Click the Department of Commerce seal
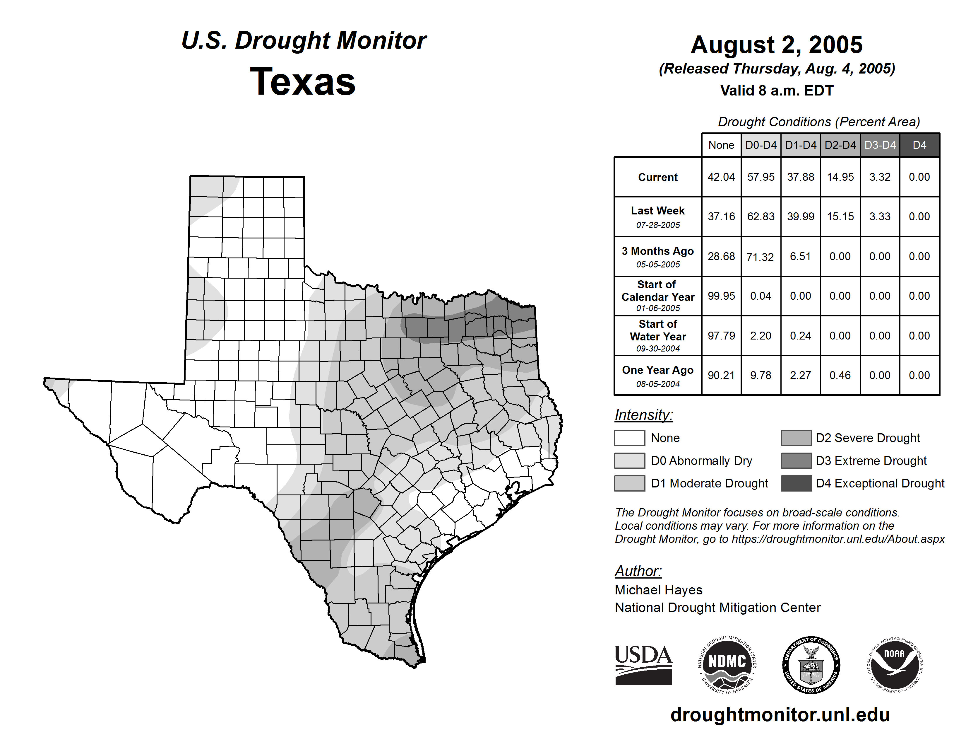click(x=811, y=665)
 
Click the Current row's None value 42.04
click(x=721, y=177)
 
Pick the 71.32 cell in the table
click(x=760, y=257)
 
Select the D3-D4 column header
click(x=880, y=145)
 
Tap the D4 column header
click(x=919, y=145)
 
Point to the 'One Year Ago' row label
click(x=658, y=370)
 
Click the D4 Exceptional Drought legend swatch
click(x=796, y=483)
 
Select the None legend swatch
click(x=629, y=438)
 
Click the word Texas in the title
click(x=303, y=82)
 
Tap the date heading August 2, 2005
click(x=777, y=45)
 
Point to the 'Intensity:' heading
click(x=643, y=415)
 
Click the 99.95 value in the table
click(x=721, y=296)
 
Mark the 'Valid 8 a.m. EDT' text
click(x=777, y=91)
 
